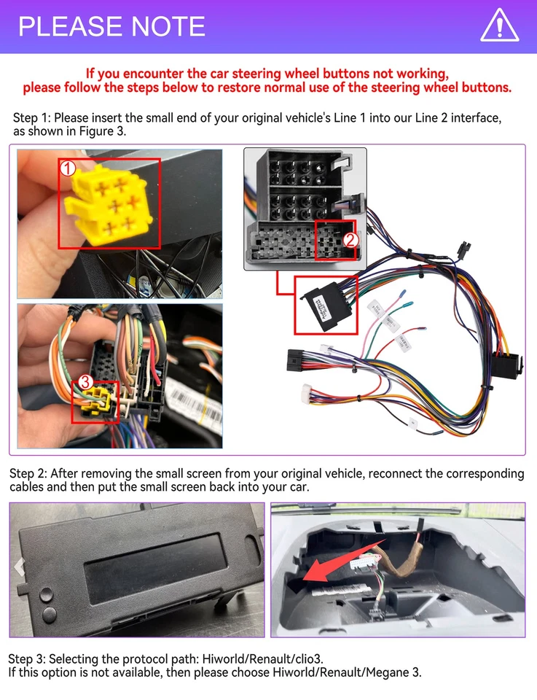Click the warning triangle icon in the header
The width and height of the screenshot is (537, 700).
(x=500, y=26)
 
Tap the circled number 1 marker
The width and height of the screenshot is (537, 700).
(x=68, y=169)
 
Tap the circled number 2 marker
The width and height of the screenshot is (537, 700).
(x=350, y=239)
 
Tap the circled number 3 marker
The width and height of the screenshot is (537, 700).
(x=85, y=381)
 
